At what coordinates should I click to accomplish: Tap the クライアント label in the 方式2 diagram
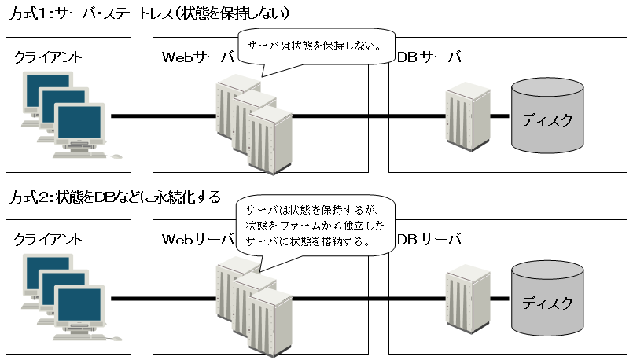pyautogui.click(x=48, y=239)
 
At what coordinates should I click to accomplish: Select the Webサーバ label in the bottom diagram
pyautogui.click(x=197, y=239)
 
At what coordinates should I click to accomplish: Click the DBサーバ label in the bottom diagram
pyautogui.click(x=429, y=239)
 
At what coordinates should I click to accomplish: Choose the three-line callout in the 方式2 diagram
pyautogui.click(x=315, y=226)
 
